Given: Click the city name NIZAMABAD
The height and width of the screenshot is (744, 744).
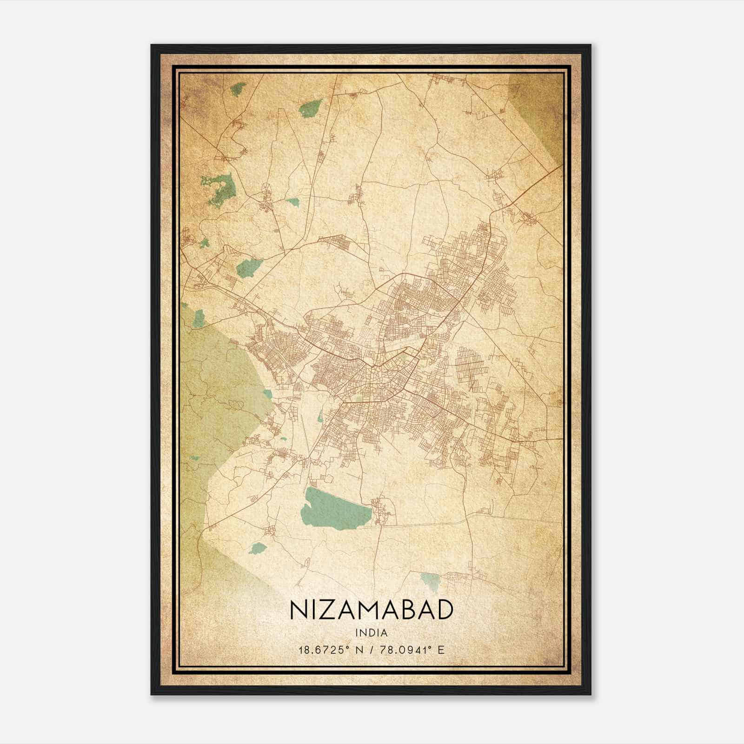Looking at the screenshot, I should (x=372, y=610).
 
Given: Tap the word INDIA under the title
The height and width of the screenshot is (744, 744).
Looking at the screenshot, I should (x=372, y=633).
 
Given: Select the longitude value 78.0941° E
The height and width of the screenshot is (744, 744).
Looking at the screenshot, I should (x=412, y=650).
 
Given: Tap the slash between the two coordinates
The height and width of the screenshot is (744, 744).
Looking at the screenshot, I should (x=371, y=650).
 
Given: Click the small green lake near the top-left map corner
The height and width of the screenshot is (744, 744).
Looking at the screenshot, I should (x=239, y=89).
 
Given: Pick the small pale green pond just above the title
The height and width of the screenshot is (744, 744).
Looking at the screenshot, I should (x=430, y=580).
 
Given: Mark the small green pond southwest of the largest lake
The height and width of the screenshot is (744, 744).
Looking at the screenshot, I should (x=257, y=548).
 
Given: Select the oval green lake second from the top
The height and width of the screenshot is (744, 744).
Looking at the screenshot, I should (x=309, y=109).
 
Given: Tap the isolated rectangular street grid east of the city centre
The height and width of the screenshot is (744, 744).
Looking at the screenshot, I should (x=470, y=365).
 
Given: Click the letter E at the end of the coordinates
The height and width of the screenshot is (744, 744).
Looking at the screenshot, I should (x=441, y=650).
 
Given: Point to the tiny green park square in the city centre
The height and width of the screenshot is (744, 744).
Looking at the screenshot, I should (x=358, y=399).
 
